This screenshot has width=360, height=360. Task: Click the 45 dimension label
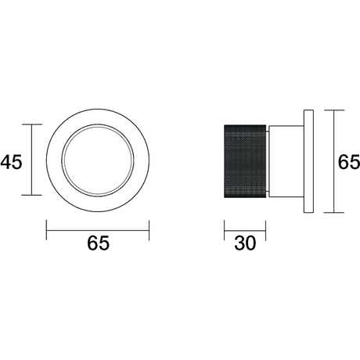click(x=12, y=162)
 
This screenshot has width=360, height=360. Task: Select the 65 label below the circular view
click(x=98, y=243)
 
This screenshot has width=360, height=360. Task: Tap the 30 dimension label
click(x=245, y=243)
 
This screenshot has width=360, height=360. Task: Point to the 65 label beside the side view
click(x=349, y=162)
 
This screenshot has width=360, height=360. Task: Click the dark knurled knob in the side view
click(x=245, y=161)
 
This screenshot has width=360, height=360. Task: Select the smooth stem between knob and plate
click(x=286, y=161)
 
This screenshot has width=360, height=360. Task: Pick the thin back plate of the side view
click(x=308, y=161)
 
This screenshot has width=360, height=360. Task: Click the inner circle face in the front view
click(x=98, y=160)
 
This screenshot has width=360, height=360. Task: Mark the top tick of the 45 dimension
click(x=32, y=124)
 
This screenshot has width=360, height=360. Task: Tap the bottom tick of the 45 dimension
click(x=32, y=195)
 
